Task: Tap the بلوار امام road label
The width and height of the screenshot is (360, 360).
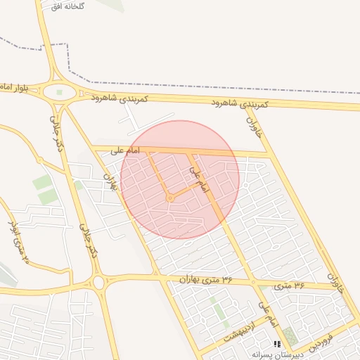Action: point(13,86)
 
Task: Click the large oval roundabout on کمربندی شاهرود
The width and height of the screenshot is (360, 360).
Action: point(59,92)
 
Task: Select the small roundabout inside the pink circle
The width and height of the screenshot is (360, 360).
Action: point(170,199)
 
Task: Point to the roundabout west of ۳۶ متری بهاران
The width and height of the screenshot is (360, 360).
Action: point(98,283)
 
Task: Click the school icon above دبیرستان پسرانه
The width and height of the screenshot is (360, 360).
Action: point(276,344)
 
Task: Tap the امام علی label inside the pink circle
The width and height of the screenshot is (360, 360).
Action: point(200,180)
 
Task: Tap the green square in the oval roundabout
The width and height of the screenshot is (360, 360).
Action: point(59,92)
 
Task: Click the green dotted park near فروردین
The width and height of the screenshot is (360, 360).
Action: point(290,337)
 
